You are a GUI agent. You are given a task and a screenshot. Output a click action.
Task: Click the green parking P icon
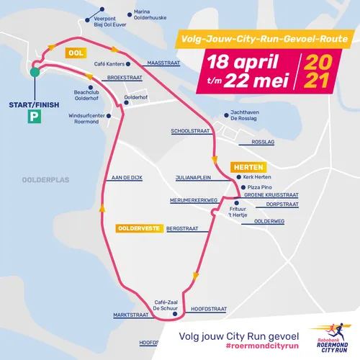pos(33,114)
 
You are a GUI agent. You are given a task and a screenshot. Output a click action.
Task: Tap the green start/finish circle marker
pos(34,72)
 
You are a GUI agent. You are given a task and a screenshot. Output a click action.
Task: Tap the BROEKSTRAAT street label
pos(122,76)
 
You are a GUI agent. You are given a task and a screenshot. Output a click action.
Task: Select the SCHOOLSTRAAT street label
pos(189,132)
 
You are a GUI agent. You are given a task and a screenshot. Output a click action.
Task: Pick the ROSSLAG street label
pos(264,142)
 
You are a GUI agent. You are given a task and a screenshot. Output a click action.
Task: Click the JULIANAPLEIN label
pos(193,177)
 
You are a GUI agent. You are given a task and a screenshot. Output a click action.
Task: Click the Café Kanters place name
pos(109,63)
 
